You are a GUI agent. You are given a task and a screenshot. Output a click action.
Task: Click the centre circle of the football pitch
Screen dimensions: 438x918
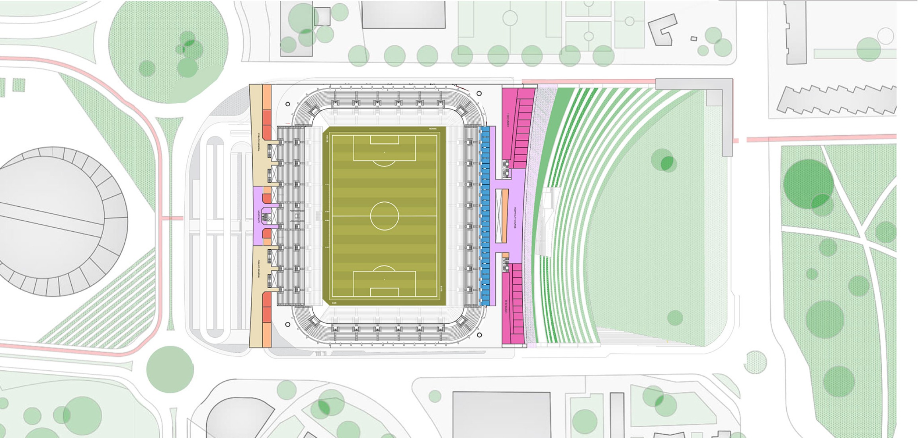coord(384,216)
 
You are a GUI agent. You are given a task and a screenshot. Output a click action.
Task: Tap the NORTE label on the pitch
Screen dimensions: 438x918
coord(432,129)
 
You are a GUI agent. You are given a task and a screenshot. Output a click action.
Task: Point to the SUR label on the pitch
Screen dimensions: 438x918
coord(334,303)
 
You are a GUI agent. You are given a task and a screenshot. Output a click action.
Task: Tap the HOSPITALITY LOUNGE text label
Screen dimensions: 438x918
coord(515,217)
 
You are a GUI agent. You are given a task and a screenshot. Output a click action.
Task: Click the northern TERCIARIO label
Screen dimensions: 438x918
coord(508,120)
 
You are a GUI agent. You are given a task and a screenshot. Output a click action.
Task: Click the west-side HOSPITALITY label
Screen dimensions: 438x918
coord(259,217)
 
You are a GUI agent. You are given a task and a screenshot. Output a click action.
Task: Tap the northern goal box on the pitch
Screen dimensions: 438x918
coord(385,140)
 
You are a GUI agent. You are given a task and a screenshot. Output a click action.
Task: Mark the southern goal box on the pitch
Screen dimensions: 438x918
coord(385,292)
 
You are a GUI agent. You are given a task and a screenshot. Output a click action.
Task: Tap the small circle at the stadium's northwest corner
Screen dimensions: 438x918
coord(288,104)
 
